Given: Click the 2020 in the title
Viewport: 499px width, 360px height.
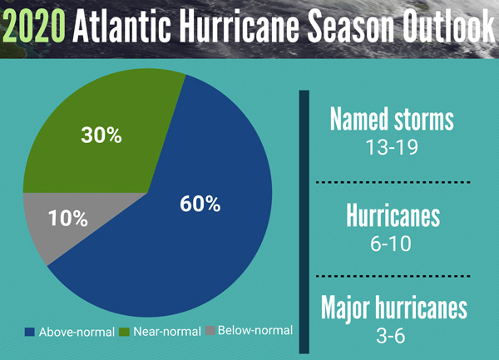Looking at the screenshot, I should click(35, 27).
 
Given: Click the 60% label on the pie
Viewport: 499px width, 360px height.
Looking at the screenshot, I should click(200, 203).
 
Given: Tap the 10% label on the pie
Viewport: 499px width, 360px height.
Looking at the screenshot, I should click(68, 219).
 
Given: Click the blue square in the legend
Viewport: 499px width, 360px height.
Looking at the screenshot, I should click(31, 331).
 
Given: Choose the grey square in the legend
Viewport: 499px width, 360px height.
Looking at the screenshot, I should click(212, 331).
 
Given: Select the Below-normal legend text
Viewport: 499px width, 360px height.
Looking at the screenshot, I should click(255, 331).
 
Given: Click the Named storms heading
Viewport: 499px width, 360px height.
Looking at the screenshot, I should click(392, 120).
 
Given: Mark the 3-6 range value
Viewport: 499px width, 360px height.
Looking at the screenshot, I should click(392, 336).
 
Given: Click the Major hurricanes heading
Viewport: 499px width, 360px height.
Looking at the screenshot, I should click(393, 309).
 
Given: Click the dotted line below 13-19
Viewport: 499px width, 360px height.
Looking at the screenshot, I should click(392, 181).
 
